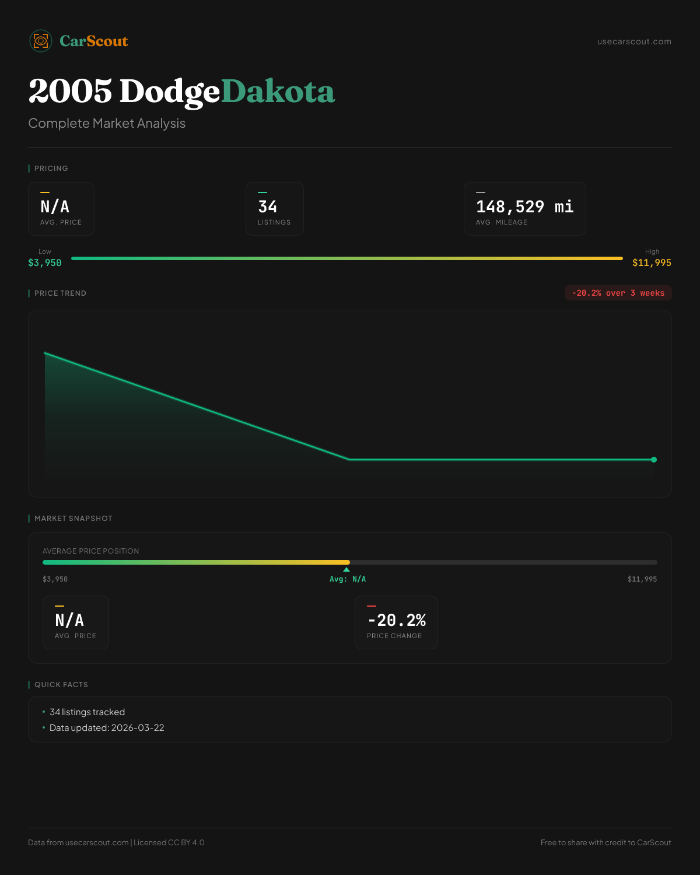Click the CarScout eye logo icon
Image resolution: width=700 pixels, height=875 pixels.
click(41, 41)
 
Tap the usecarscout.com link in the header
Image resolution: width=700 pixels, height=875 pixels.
click(634, 41)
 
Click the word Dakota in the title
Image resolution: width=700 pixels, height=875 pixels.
click(278, 92)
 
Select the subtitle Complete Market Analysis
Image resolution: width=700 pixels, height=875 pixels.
click(107, 123)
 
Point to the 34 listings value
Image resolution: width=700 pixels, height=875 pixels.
click(268, 206)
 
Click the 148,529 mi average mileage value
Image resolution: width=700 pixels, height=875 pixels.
click(524, 206)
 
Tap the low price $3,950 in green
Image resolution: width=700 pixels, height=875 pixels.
click(45, 263)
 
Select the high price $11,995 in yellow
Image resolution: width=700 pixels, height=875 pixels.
click(652, 263)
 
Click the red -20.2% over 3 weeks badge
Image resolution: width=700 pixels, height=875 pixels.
click(618, 293)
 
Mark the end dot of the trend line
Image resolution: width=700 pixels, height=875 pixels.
click(654, 460)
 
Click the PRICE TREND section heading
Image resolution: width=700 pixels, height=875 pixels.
click(60, 293)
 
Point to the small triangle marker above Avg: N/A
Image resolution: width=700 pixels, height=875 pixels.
click(346, 569)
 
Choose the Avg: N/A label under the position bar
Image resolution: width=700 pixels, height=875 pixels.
click(348, 579)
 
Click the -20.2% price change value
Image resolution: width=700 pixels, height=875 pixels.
click(396, 620)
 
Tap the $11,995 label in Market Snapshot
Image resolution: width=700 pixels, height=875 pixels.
click(642, 579)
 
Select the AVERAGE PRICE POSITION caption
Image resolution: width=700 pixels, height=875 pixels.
click(91, 551)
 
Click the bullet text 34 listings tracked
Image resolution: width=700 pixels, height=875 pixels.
click(87, 712)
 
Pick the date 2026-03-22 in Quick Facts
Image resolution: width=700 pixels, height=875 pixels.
click(138, 728)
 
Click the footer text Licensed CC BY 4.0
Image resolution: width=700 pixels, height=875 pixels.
click(169, 842)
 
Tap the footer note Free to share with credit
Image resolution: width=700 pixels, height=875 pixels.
click(605, 842)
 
